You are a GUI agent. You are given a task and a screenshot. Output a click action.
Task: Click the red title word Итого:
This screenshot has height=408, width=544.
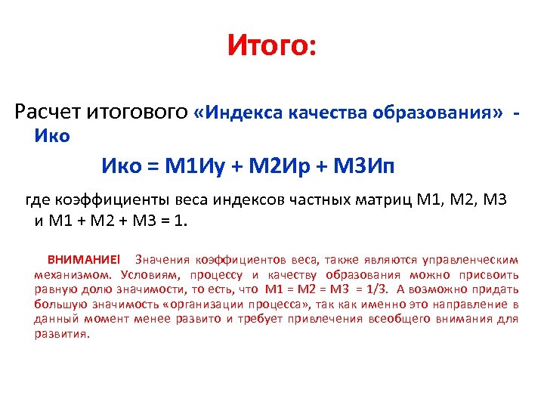(272, 48)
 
